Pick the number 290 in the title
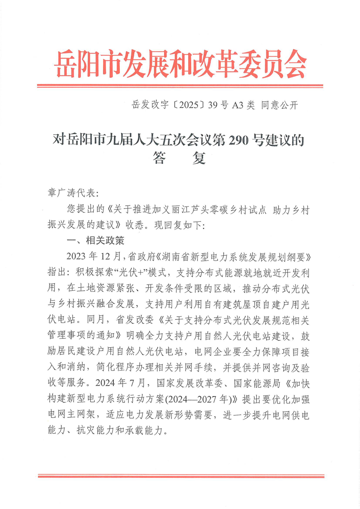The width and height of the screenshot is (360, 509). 234,140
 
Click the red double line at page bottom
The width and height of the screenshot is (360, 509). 180,475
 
